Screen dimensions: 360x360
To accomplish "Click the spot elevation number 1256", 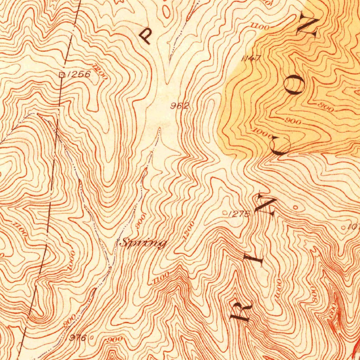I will [x=78, y=74].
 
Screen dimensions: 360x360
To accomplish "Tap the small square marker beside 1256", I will [x=62, y=74].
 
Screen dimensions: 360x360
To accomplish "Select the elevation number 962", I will [x=180, y=105].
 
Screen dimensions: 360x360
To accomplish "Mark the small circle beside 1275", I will [x=225, y=212].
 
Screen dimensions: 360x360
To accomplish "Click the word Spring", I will [x=143, y=243].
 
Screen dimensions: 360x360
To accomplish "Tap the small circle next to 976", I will [x=92, y=337].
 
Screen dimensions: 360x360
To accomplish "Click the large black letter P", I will [x=146, y=36].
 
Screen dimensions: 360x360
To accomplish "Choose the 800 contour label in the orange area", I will [x=325, y=107].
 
